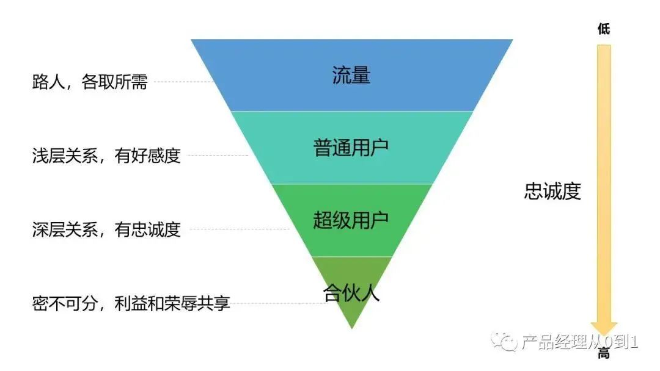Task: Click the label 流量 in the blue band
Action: (351, 75)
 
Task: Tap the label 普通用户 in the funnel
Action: (351, 148)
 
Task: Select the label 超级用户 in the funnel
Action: (351, 220)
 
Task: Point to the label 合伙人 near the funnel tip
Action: (351, 293)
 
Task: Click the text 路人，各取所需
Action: (90, 82)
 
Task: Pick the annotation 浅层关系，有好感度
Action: (106, 156)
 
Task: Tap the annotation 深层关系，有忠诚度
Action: (106, 230)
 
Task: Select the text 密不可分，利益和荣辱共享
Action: (131, 303)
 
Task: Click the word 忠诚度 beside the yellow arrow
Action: (552, 192)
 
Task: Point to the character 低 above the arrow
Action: (604, 29)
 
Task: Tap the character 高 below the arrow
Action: (604, 353)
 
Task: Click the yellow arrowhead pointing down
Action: (604, 329)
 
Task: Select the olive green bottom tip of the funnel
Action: (351, 314)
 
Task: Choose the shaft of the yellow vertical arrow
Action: (604, 183)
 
